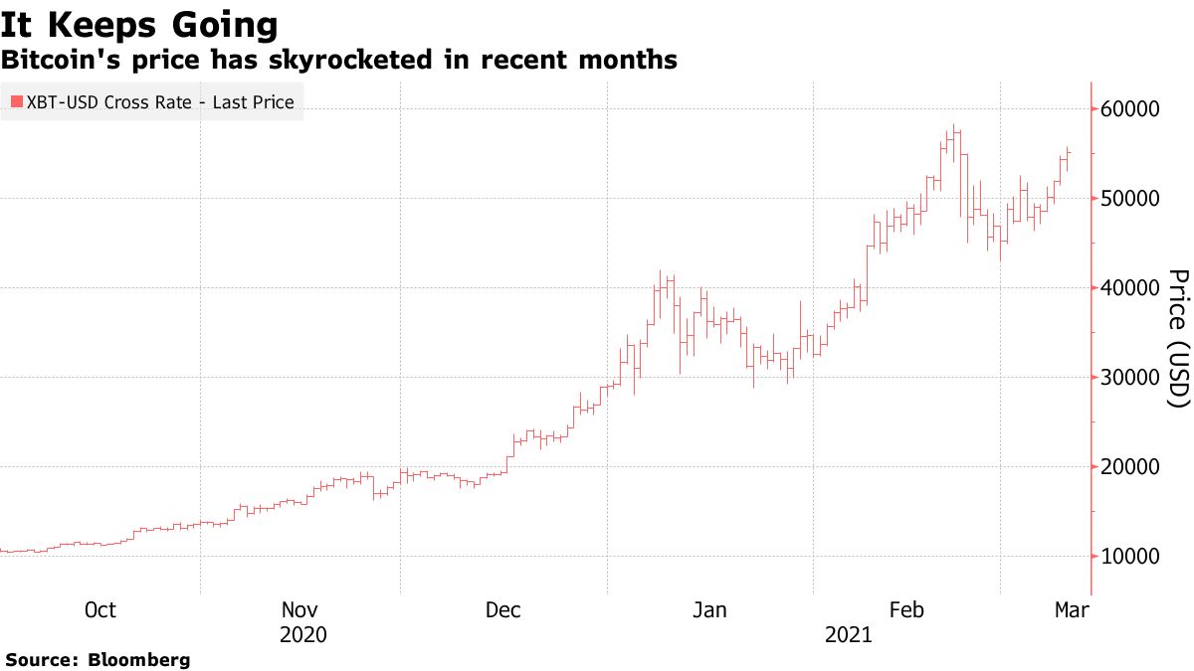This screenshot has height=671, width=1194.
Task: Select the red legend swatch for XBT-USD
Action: coord(15,101)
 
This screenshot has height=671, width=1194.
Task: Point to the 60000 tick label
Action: coord(1130,108)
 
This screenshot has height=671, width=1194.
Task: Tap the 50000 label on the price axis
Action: coord(1130,198)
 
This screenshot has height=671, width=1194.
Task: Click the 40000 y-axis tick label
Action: coord(1130,287)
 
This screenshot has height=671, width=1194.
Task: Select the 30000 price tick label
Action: coord(1130,377)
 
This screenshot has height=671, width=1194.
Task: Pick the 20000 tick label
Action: coord(1130,466)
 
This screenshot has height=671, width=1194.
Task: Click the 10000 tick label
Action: coord(1130,556)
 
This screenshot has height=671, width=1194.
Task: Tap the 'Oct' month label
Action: coord(99,609)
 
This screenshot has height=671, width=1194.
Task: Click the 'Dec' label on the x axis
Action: coord(503,609)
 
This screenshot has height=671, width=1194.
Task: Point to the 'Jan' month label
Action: coord(709,609)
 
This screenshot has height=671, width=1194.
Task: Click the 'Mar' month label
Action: coord(1072,609)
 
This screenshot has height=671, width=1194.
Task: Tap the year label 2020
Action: coord(303,634)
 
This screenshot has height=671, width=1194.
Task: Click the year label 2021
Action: coord(848,634)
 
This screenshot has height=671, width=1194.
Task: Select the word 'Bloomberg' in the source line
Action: coord(139,659)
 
